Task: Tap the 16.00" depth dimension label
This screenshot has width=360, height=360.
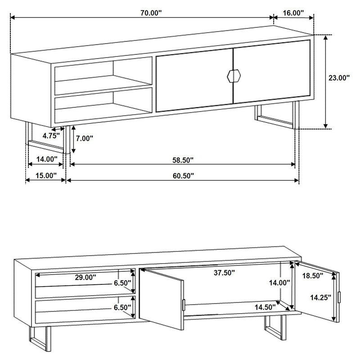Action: (293, 13)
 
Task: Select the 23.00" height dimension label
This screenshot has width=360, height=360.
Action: (339, 78)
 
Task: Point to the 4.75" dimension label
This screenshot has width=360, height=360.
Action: (52, 135)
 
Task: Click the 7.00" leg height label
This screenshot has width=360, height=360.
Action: (84, 139)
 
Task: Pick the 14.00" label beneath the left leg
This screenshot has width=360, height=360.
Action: (47, 159)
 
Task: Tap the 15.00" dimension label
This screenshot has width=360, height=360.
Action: (46, 175)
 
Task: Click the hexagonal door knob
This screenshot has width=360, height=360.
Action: (233, 76)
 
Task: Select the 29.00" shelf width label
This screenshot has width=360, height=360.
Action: (85, 278)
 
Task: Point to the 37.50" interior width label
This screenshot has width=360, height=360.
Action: (224, 273)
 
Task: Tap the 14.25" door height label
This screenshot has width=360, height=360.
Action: (320, 297)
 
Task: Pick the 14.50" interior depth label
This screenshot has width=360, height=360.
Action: (265, 307)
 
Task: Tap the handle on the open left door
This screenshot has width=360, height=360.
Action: (184, 305)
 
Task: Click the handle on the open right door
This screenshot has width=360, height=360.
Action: (340, 297)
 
